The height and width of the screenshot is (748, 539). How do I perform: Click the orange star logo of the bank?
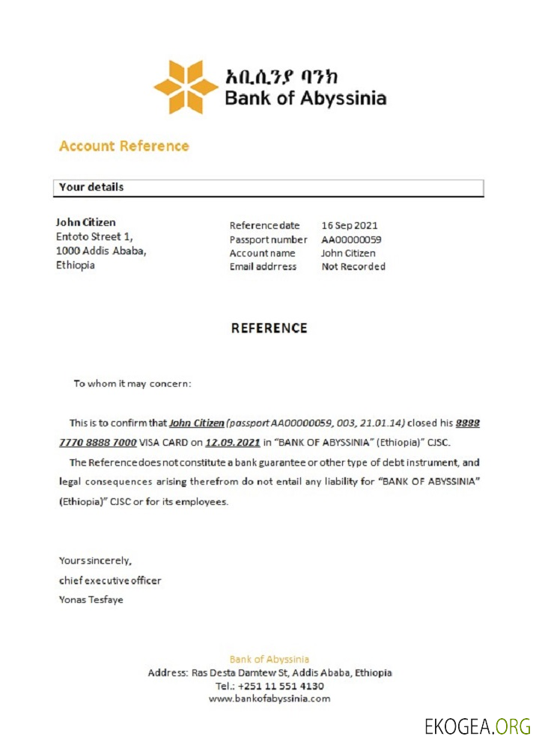tap(186, 87)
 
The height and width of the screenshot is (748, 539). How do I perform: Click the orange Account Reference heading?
tap(124, 146)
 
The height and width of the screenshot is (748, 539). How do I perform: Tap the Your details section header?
tap(91, 187)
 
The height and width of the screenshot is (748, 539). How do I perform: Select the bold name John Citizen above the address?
tap(86, 222)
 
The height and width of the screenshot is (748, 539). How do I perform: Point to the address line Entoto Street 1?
tap(94, 236)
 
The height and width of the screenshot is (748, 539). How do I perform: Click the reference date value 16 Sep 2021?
tap(350, 225)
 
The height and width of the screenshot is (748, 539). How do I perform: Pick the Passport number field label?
tap(268, 239)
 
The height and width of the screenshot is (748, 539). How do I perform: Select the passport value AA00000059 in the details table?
tap(351, 239)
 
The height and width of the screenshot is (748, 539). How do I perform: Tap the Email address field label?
tap(263, 266)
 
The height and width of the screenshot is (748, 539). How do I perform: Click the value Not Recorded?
tap(353, 266)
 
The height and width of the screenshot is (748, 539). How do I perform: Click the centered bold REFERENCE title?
tap(269, 328)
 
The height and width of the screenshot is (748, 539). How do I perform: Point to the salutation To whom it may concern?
tap(133, 384)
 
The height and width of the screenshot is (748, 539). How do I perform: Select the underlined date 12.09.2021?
tap(233, 442)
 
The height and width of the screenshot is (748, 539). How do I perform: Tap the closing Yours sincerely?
tap(95, 560)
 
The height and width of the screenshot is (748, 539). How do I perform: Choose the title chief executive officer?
tap(110, 580)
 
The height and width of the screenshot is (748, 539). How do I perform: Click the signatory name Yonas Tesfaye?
tap(91, 599)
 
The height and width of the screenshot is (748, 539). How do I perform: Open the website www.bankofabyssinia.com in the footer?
tap(269, 699)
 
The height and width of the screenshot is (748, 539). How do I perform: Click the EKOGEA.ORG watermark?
tap(477, 726)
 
